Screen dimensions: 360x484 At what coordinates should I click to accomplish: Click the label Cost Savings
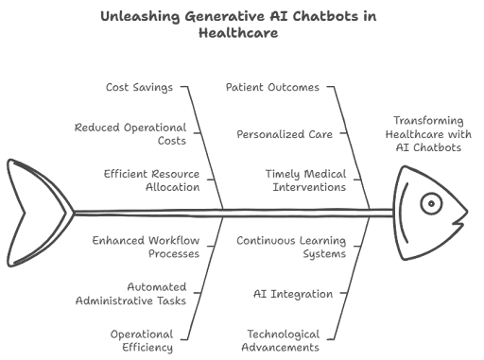[139, 88]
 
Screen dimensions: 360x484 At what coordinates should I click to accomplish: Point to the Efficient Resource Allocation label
[151, 180]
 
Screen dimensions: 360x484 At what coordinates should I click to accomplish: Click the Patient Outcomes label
[273, 88]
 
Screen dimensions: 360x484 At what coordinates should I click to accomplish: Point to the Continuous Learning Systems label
[290, 246]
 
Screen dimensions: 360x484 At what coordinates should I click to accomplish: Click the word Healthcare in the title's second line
[241, 34]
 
